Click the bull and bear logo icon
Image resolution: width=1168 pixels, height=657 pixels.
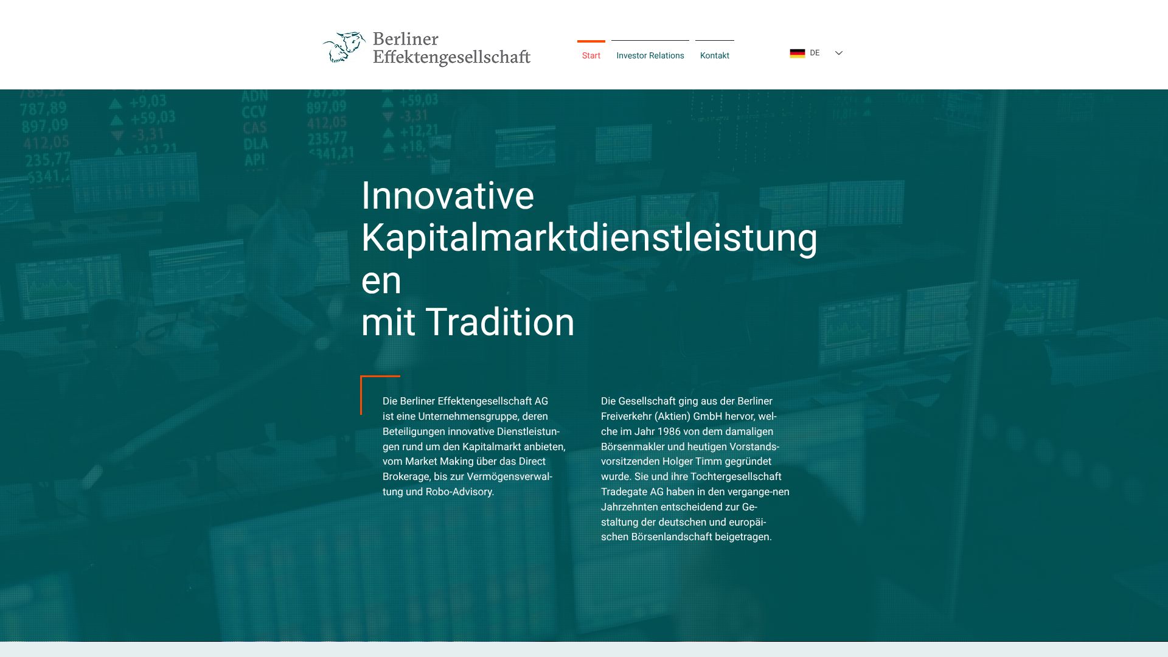344,47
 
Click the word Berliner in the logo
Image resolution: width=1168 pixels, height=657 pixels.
405,39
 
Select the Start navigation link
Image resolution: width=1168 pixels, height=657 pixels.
591,55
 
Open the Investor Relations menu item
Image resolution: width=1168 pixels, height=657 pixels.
650,55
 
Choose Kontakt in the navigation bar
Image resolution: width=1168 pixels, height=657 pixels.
714,55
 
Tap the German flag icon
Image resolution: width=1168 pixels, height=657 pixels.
797,53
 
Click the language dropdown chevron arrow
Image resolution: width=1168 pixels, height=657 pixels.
838,53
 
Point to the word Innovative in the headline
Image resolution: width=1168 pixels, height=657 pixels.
448,196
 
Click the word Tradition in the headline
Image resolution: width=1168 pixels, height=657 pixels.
500,322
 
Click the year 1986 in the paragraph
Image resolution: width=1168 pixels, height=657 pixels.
669,431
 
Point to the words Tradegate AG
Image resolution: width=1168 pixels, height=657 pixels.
632,492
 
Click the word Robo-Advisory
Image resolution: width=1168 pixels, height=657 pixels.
459,492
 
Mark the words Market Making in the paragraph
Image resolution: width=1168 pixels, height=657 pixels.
437,462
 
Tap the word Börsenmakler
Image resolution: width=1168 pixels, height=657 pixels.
633,447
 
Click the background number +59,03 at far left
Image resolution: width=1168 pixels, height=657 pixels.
152,117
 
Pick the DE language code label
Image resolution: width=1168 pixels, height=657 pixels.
815,53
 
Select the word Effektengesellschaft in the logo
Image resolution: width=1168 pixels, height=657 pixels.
451,57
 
